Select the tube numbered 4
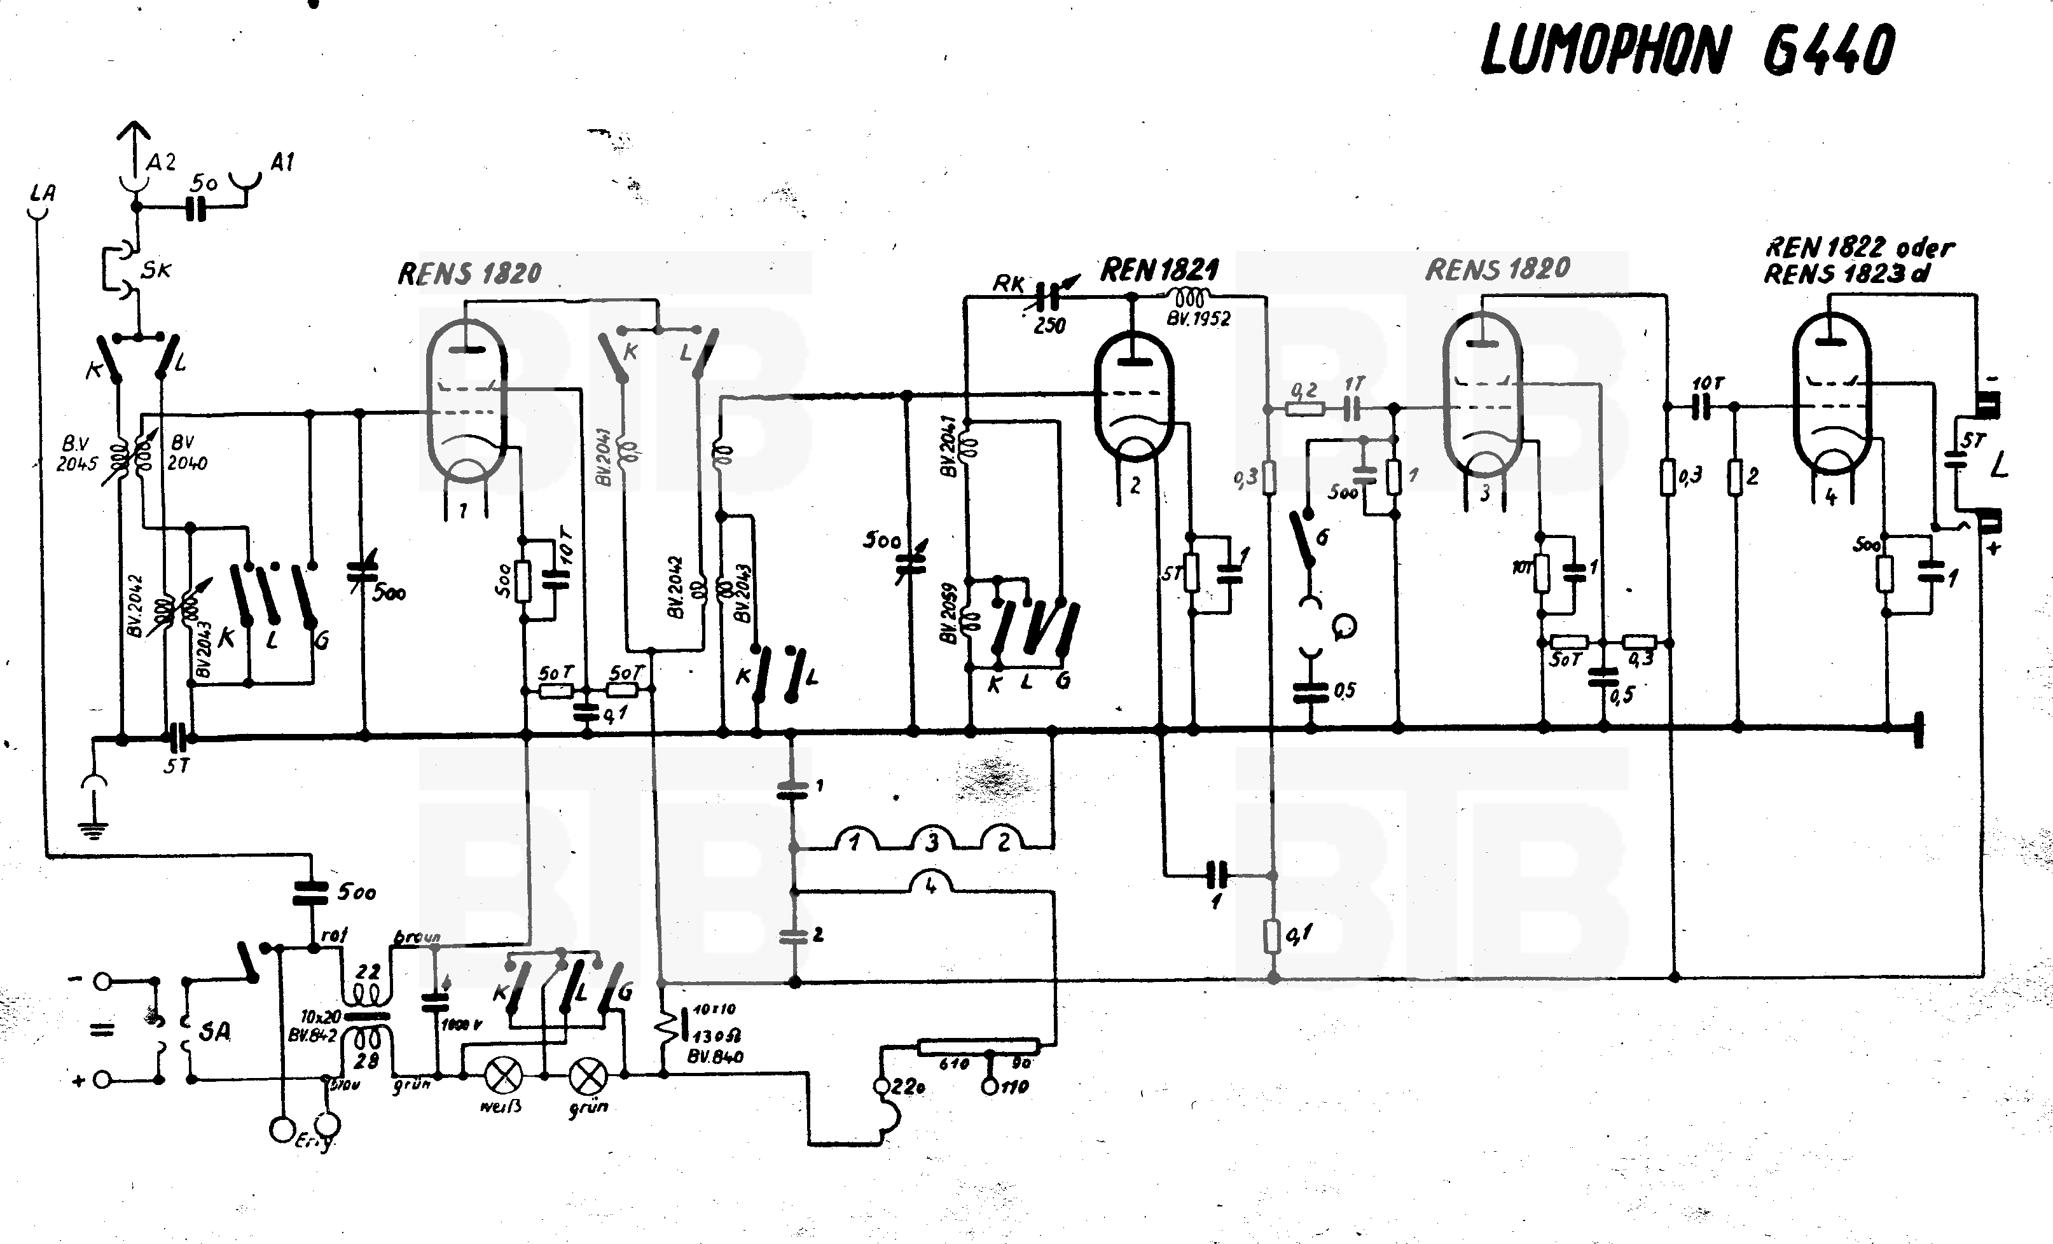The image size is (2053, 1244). click(x=1832, y=408)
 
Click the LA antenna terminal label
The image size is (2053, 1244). click(x=43, y=193)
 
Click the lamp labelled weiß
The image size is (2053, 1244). click(x=503, y=1075)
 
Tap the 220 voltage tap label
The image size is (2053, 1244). click(x=906, y=1086)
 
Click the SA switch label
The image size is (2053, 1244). click(x=215, y=1032)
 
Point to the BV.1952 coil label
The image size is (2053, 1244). click(x=1199, y=318)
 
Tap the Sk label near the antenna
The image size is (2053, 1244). click(x=156, y=269)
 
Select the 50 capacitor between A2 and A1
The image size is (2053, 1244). click(x=197, y=209)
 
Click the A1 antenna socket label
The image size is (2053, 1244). click(x=282, y=162)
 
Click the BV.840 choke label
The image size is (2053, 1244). click(x=715, y=1056)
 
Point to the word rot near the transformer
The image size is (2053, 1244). click(x=333, y=935)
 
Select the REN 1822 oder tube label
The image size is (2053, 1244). click(x=1860, y=247)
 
